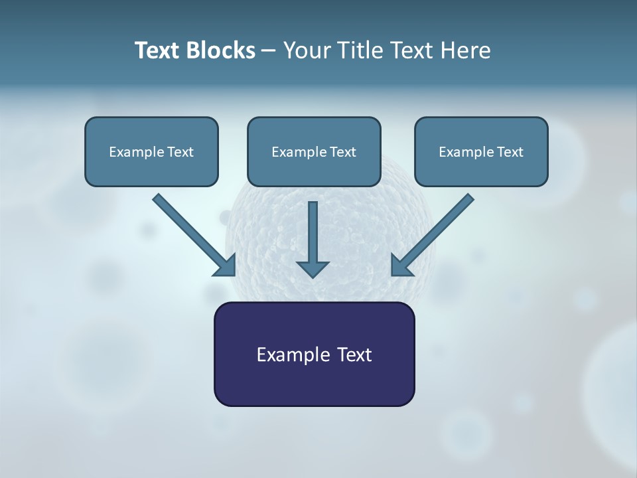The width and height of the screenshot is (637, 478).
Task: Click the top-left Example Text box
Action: point(151,151)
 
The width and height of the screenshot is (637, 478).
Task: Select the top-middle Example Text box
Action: point(314,151)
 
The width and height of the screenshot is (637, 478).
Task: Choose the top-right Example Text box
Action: point(481,151)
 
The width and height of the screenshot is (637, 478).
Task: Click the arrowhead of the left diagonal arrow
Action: point(226,266)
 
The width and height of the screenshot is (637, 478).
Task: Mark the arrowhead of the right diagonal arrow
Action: point(401,266)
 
